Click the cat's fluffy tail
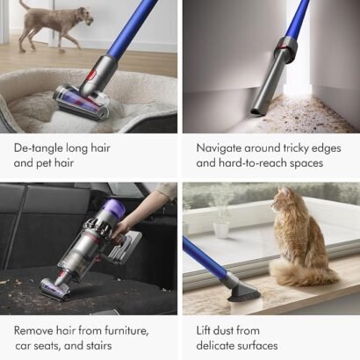301,274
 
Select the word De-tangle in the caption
38,148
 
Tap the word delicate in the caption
216,345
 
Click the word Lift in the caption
204,331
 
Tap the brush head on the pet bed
81,101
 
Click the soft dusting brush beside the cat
243,292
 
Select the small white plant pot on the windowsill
221,229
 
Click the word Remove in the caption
33,331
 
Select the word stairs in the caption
99,346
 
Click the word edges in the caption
326,148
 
